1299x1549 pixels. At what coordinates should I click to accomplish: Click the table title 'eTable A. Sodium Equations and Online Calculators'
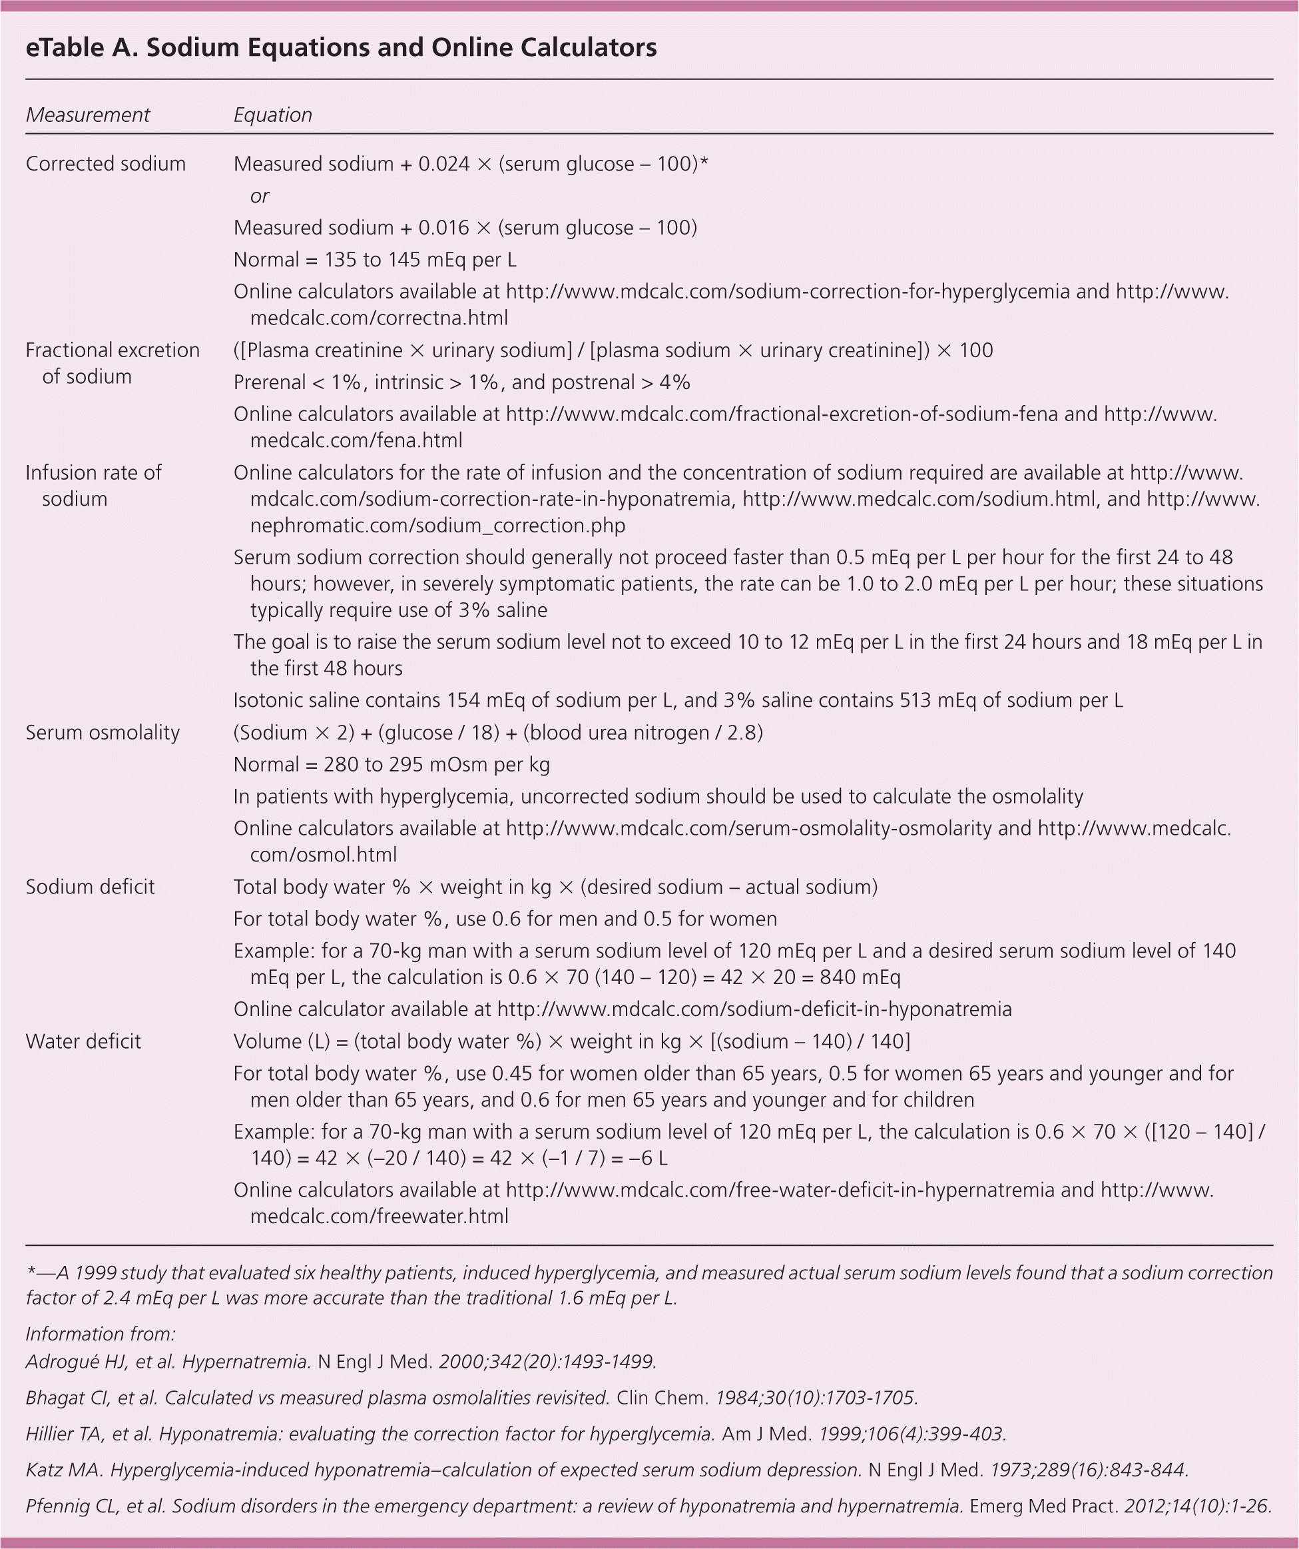[341, 48]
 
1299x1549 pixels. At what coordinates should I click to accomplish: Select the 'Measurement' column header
[88, 115]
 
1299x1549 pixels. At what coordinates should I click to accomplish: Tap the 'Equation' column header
[273, 115]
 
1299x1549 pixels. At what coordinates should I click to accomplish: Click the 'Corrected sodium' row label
[105, 164]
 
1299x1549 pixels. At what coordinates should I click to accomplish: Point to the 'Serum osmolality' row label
[103, 732]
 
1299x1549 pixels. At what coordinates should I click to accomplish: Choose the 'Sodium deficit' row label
[90, 887]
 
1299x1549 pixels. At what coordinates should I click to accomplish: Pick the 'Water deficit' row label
[83, 1041]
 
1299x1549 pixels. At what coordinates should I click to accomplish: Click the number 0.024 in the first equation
[444, 164]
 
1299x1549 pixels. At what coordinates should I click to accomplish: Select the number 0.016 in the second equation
[444, 227]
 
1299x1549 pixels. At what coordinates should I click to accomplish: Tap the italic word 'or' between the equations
[260, 196]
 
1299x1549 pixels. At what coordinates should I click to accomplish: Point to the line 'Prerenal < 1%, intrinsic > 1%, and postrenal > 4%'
[461, 382]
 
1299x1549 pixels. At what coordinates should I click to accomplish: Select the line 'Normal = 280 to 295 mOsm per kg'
[391, 764]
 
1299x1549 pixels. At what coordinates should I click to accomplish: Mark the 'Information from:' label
[101, 1334]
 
